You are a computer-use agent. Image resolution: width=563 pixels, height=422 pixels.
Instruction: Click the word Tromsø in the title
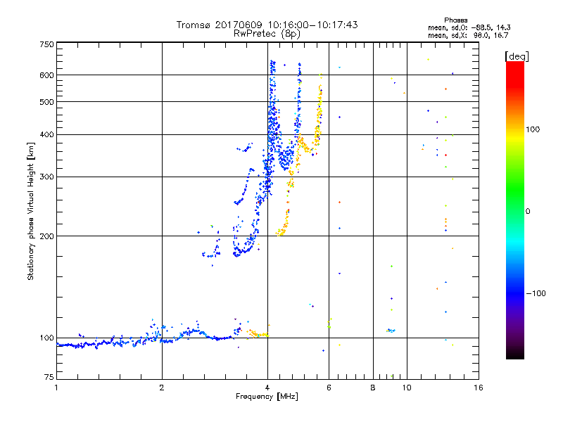point(194,25)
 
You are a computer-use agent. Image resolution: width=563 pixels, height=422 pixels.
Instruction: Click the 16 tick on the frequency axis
point(477,388)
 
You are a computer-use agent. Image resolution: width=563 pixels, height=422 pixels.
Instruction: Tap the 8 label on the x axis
point(373,388)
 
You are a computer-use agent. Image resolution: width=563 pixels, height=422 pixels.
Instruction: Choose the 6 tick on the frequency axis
point(329,388)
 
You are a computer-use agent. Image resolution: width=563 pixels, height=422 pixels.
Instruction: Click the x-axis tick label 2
point(162,388)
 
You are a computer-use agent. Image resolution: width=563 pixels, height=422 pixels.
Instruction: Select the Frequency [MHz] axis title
point(267,397)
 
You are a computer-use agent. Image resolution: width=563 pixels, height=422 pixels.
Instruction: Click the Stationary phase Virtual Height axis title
point(31,211)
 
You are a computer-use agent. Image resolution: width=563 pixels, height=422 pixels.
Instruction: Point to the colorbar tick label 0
point(528,211)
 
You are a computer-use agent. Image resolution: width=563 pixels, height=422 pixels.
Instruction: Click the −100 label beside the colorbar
point(536,293)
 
